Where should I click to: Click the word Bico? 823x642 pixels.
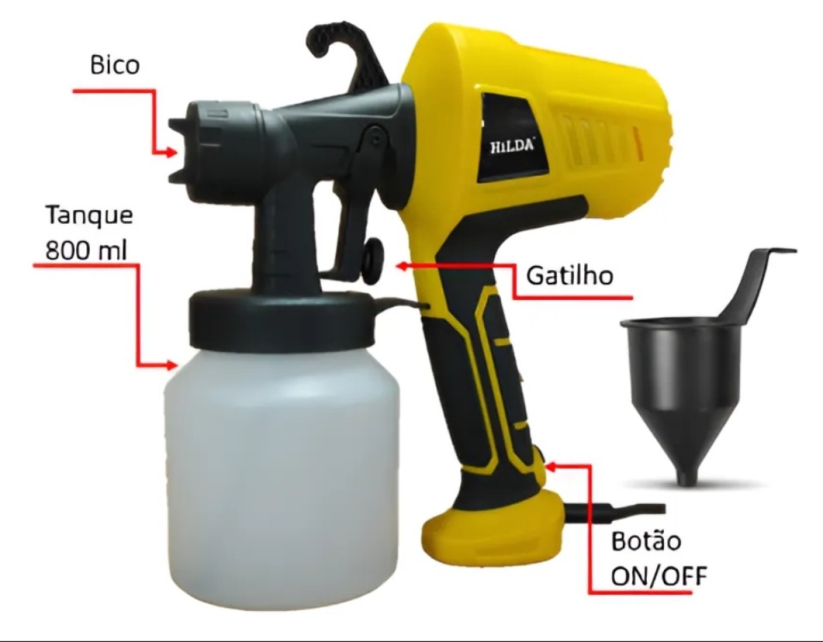(115, 65)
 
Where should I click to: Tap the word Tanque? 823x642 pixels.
(89, 216)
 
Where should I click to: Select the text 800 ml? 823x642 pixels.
(86, 251)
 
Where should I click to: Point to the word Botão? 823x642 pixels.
(646, 541)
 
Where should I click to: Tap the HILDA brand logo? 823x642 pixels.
(513, 146)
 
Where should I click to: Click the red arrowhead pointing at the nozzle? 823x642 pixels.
(171, 153)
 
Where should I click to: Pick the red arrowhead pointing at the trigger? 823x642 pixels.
(401, 266)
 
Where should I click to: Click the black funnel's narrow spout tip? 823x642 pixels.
(687, 481)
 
